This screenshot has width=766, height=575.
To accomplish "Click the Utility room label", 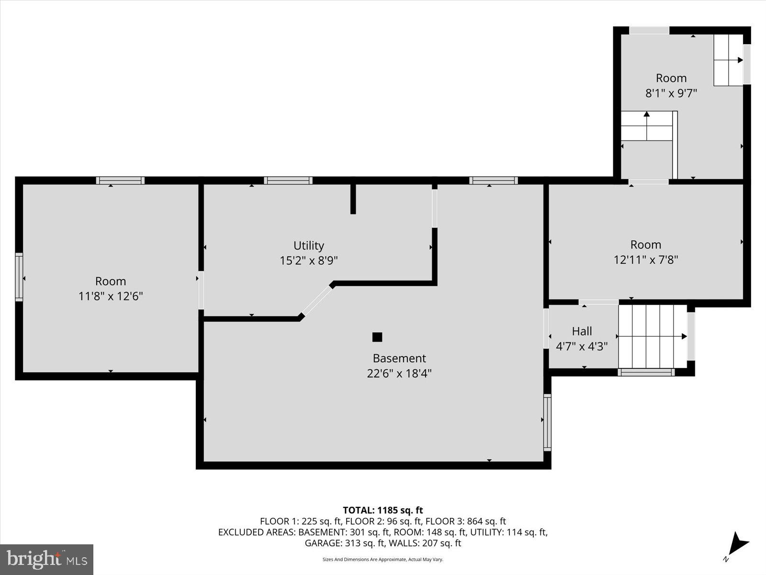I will (308, 245).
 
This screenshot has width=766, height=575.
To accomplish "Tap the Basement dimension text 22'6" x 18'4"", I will (399, 373).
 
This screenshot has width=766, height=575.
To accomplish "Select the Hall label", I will (582, 331).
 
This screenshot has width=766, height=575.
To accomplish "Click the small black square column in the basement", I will (377, 337).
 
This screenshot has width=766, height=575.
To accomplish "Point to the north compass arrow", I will (737, 544).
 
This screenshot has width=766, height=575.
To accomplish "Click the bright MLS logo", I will (46, 559).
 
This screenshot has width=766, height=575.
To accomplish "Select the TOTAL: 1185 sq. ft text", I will (383, 510).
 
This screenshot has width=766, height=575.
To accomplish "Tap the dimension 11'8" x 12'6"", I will (111, 296).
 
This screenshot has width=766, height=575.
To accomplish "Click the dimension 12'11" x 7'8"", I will (646, 260).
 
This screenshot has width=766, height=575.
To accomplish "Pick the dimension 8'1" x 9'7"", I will (671, 93).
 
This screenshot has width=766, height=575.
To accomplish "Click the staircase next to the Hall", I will (652, 336).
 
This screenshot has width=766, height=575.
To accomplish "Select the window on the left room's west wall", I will (19, 277).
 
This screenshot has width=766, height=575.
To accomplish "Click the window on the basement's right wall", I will (547, 422).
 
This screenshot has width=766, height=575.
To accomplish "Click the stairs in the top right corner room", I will (728, 60).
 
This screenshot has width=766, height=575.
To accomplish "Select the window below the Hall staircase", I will (646, 372).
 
